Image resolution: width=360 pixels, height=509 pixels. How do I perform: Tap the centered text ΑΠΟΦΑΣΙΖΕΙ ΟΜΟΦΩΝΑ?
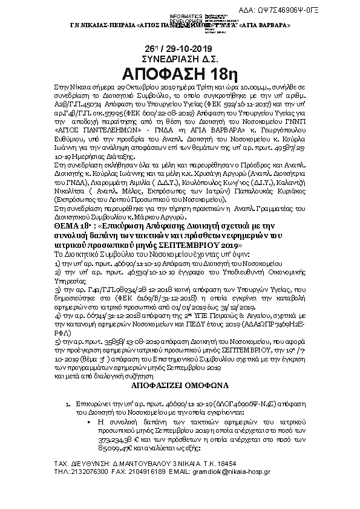coord(180,384)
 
